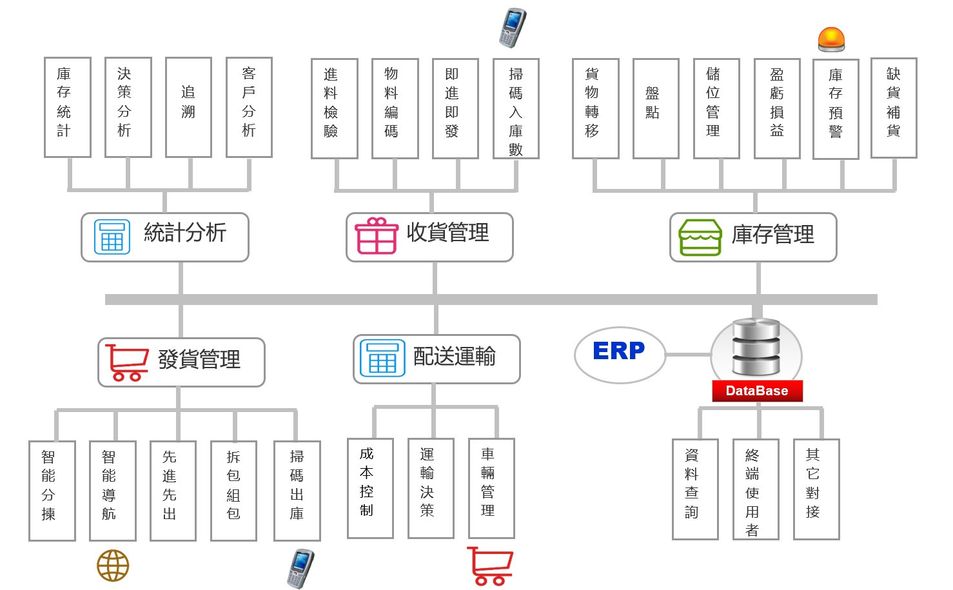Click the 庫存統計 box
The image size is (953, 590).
point(67,107)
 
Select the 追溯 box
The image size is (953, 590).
point(188,107)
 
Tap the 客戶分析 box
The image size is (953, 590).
point(249,107)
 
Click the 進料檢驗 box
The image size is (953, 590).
point(334,108)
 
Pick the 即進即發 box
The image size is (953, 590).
point(455,108)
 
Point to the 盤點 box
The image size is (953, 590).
point(656,108)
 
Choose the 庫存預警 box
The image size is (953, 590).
point(836,109)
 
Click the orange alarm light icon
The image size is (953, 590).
point(831,39)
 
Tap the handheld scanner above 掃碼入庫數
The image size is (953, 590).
point(513,28)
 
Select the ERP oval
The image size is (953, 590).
point(620,354)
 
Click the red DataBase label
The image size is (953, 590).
point(757,391)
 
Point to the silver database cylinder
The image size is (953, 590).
point(756,348)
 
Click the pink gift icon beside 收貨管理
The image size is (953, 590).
point(377,236)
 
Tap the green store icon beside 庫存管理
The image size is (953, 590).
point(700,237)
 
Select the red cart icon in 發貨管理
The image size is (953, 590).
point(126,362)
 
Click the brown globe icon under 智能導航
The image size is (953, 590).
point(113,565)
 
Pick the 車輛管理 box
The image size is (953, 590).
point(491,488)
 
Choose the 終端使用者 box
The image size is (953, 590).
point(756,489)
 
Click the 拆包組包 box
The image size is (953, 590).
point(233,491)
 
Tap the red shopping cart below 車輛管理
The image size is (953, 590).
point(490,565)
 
